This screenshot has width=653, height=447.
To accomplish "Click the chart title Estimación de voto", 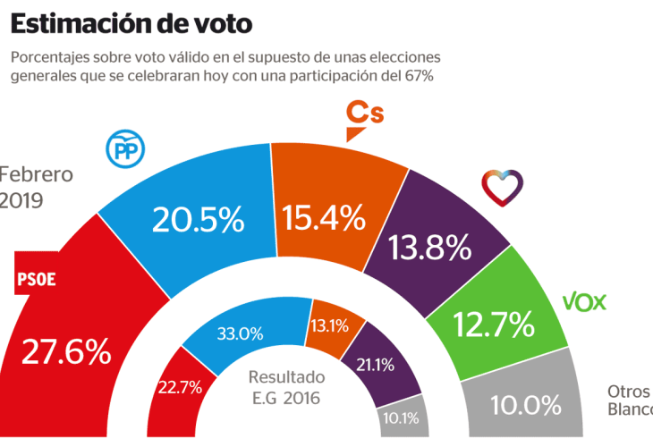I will coord(131,21).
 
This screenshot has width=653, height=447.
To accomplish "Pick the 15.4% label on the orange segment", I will coord(323,216).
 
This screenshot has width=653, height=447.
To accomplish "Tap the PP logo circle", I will coord(125,148).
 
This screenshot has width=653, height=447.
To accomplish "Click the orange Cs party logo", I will coord(364,120).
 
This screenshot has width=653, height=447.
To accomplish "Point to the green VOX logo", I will coord(584,302).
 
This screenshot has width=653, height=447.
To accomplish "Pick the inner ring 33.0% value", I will coord(241,334).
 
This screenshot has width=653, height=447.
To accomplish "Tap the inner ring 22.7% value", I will coord(181,388).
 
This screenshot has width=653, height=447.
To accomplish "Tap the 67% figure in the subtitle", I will coord(417,77).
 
